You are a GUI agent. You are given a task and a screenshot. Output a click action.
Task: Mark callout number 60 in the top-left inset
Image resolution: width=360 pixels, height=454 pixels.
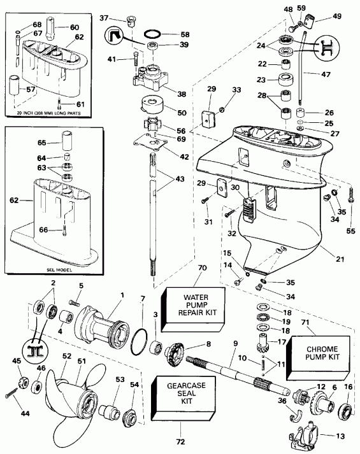75,27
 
